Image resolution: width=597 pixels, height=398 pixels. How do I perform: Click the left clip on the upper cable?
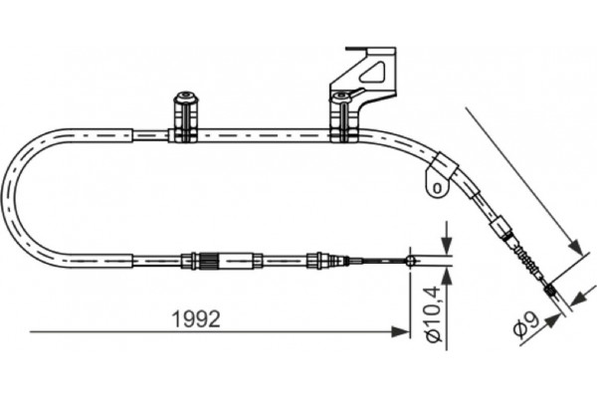[184, 117]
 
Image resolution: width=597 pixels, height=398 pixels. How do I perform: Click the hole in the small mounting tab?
[434, 185]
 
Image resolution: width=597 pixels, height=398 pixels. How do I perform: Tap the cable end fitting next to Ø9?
[550, 291]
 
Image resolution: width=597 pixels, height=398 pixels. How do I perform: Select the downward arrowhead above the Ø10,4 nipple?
[446, 248]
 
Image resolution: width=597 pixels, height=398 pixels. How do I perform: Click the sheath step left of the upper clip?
[132, 131]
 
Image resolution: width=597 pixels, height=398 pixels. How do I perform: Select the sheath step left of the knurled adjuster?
[132, 262]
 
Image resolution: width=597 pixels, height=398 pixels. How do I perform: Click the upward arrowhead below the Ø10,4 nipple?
[446, 275]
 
